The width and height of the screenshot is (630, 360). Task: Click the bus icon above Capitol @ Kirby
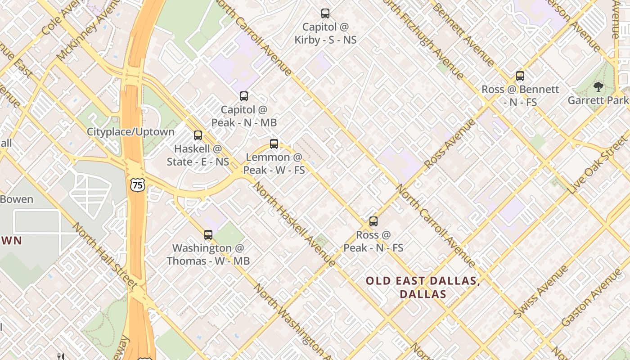pos(325,13)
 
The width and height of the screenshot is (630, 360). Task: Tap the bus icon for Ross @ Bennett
pos(520,76)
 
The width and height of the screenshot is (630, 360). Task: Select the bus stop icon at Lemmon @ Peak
pos(274,144)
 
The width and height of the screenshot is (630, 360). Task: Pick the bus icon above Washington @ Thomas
pos(208,234)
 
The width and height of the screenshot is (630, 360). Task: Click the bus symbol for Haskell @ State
pos(198,135)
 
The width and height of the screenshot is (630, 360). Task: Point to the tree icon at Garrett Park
pos(598,87)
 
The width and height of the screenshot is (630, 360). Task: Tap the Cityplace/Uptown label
pos(130,132)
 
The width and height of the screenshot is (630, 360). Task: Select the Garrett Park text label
pos(598,100)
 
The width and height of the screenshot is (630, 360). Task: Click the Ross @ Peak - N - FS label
pos(373,241)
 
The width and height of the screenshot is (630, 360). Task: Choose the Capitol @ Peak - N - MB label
pos(244,116)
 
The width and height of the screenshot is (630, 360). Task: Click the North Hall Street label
pos(104,255)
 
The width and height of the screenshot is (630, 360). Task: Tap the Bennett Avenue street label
pos(463,34)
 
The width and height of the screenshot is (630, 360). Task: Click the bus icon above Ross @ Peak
pos(373,221)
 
